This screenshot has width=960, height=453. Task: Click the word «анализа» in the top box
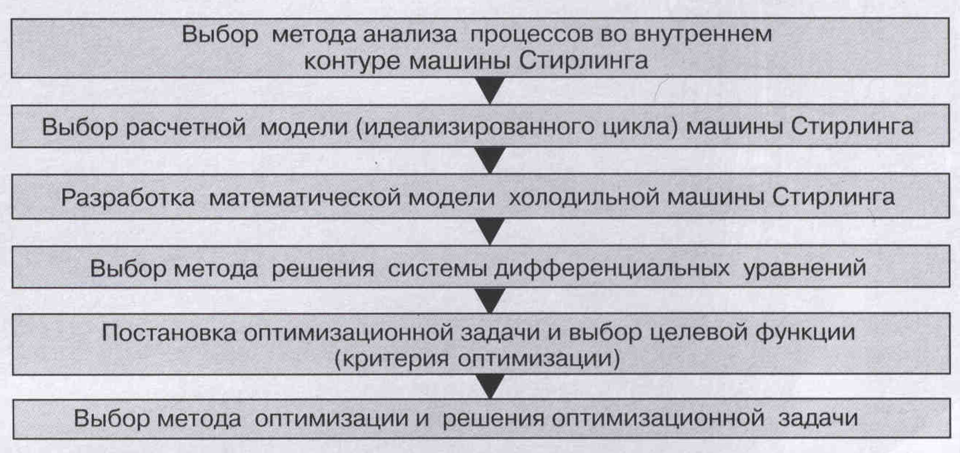pyautogui.click(x=410, y=35)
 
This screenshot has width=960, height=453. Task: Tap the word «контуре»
pyautogui.click(x=352, y=61)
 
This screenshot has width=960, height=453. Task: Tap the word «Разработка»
pyautogui.click(x=128, y=198)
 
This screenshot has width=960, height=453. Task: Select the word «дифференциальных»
pyautogui.click(x=611, y=268)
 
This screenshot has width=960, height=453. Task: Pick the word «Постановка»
pyautogui.click(x=168, y=333)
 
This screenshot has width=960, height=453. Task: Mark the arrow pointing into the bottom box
pyautogui.click(x=491, y=386)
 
